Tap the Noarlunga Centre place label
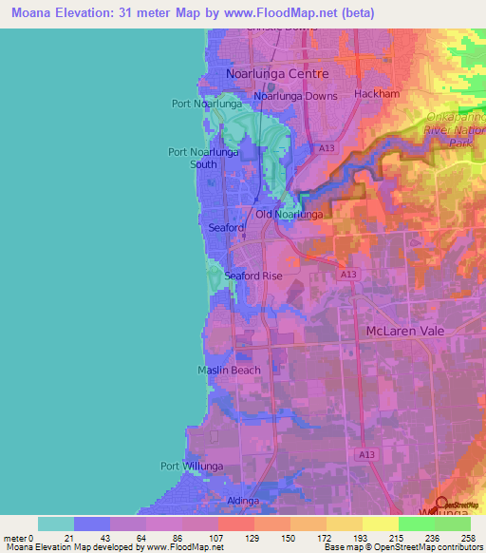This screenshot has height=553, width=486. coord(276,73)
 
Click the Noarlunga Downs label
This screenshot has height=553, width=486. coord(295,96)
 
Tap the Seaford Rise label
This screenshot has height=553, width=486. coord(253,276)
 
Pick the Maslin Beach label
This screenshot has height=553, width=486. coord(229,370)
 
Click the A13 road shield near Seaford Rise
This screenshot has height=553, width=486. coord(349,273)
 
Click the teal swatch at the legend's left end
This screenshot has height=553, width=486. coord(56,524)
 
